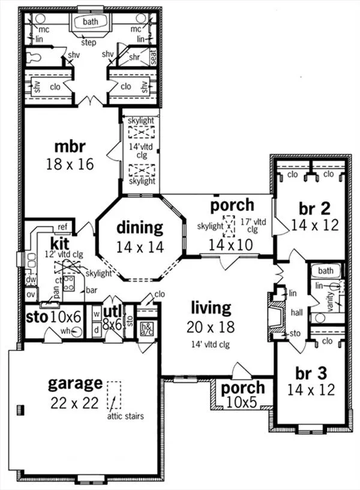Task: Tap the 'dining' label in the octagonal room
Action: point(139,227)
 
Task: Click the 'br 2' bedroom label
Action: point(315,209)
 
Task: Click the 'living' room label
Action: point(211,308)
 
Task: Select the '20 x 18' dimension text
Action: point(211,327)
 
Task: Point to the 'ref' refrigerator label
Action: point(62,227)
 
